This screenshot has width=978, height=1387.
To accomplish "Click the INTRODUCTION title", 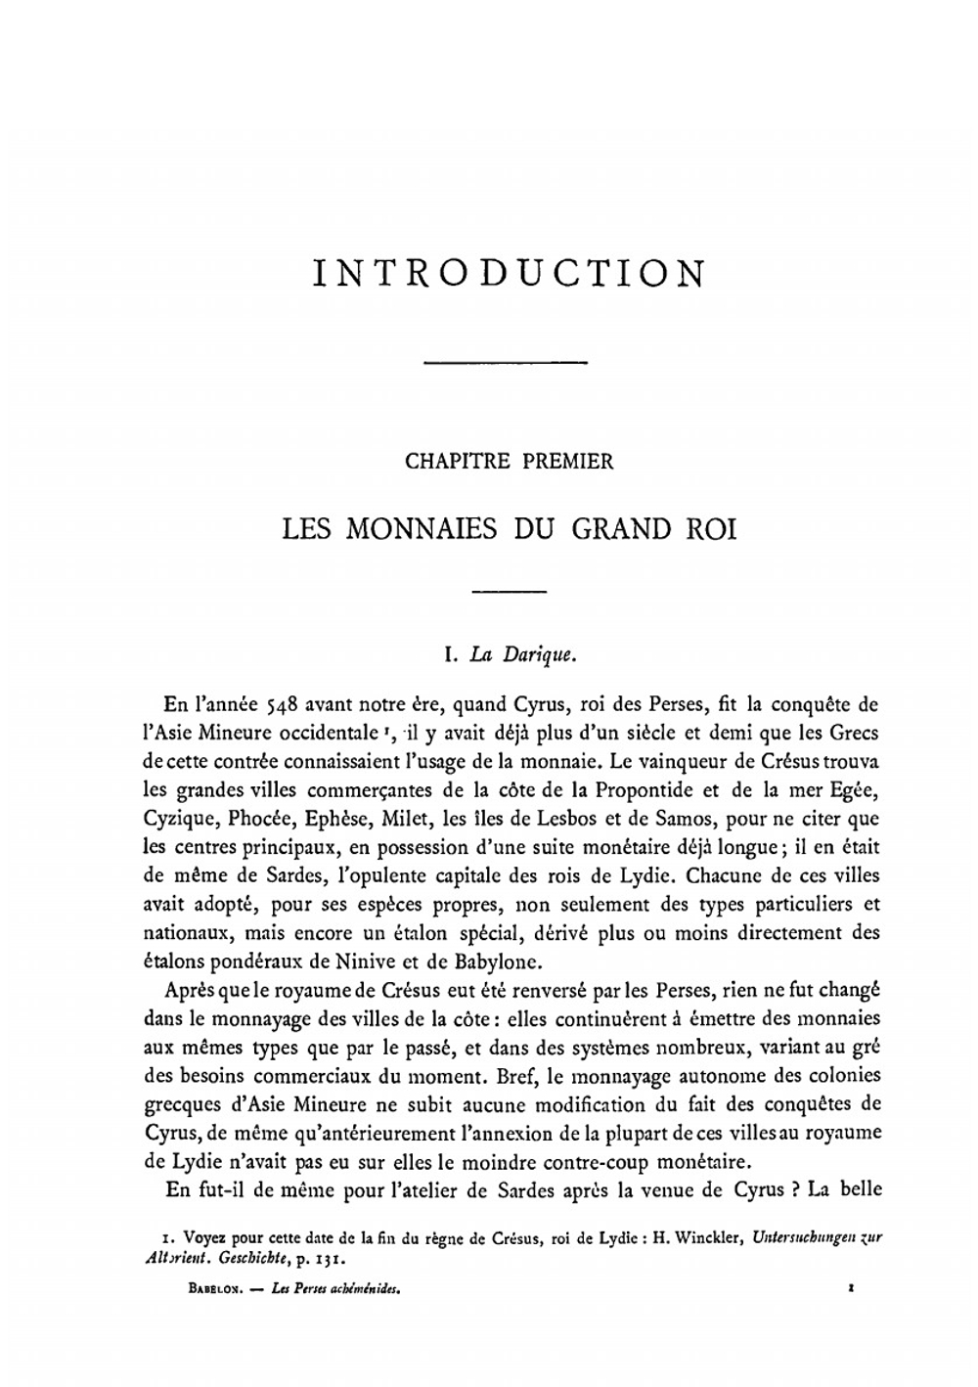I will click(509, 273).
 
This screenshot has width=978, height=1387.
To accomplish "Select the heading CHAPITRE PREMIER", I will click(509, 462).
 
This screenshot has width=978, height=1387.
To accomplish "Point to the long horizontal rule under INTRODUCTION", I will click(505, 364).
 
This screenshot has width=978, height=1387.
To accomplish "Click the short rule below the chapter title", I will click(509, 592).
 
